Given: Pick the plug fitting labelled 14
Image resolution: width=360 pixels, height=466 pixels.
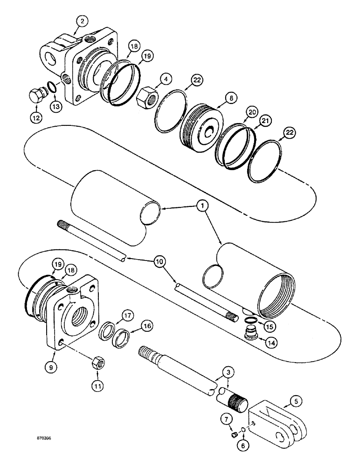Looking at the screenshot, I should pyautogui.click(x=252, y=334).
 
